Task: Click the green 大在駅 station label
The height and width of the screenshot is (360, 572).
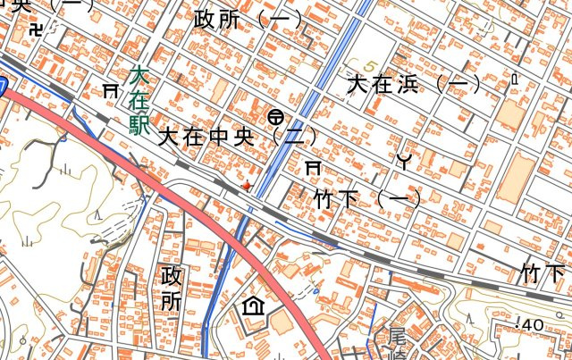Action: click(139, 101)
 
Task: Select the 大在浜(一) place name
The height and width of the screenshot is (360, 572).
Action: click(414, 85)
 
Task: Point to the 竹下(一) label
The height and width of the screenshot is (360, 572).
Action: click(367, 197)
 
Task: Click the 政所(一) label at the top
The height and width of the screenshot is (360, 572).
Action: click(248, 19)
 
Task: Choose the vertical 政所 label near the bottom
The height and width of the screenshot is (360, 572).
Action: click(170, 288)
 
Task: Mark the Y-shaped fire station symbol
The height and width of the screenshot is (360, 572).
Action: click(404, 161)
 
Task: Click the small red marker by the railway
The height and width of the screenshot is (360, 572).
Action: click(247, 185)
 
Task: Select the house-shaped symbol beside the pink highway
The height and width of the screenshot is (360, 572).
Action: click(253, 306)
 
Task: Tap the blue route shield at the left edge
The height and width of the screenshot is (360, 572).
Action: click(3, 88)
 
